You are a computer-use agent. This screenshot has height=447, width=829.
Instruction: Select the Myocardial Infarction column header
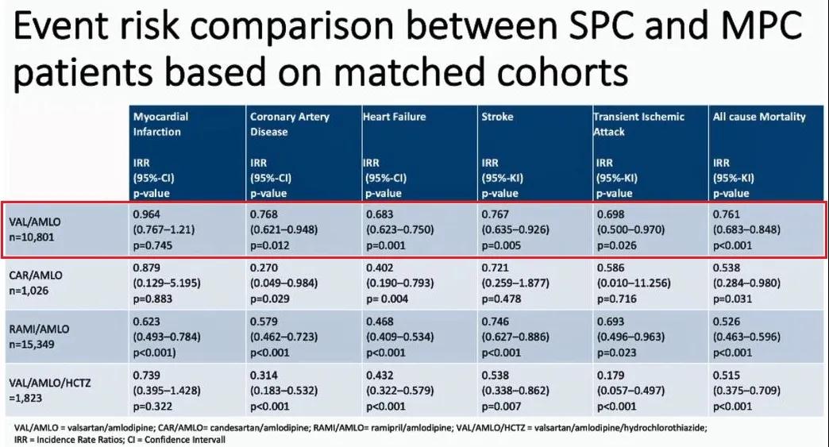pyautogui.click(x=160, y=124)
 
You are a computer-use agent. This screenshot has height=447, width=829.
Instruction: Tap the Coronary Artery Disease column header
pyautogui.click(x=290, y=124)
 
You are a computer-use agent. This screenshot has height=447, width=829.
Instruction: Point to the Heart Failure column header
pyautogui.click(x=395, y=117)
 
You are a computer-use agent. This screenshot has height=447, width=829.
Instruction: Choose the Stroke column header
pyautogui.click(x=497, y=117)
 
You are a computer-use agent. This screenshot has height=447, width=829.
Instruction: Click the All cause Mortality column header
pyautogui.click(x=759, y=117)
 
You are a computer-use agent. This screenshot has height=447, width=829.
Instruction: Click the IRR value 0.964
pyautogui.click(x=146, y=214)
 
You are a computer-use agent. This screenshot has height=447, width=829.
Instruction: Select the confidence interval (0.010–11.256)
pyautogui.click(x=634, y=283)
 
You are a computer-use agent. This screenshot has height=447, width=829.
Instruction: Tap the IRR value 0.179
pyautogui.click(x=611, y=375)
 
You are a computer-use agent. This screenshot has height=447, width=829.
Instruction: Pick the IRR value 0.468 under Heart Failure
pyautogui.click(x=380, y=322)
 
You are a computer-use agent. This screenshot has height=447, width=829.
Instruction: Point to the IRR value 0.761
pyautogui.click(x=727, y=214)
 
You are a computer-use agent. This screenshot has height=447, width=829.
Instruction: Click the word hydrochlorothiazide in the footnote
pyautogui.click(x=665, y=427)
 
